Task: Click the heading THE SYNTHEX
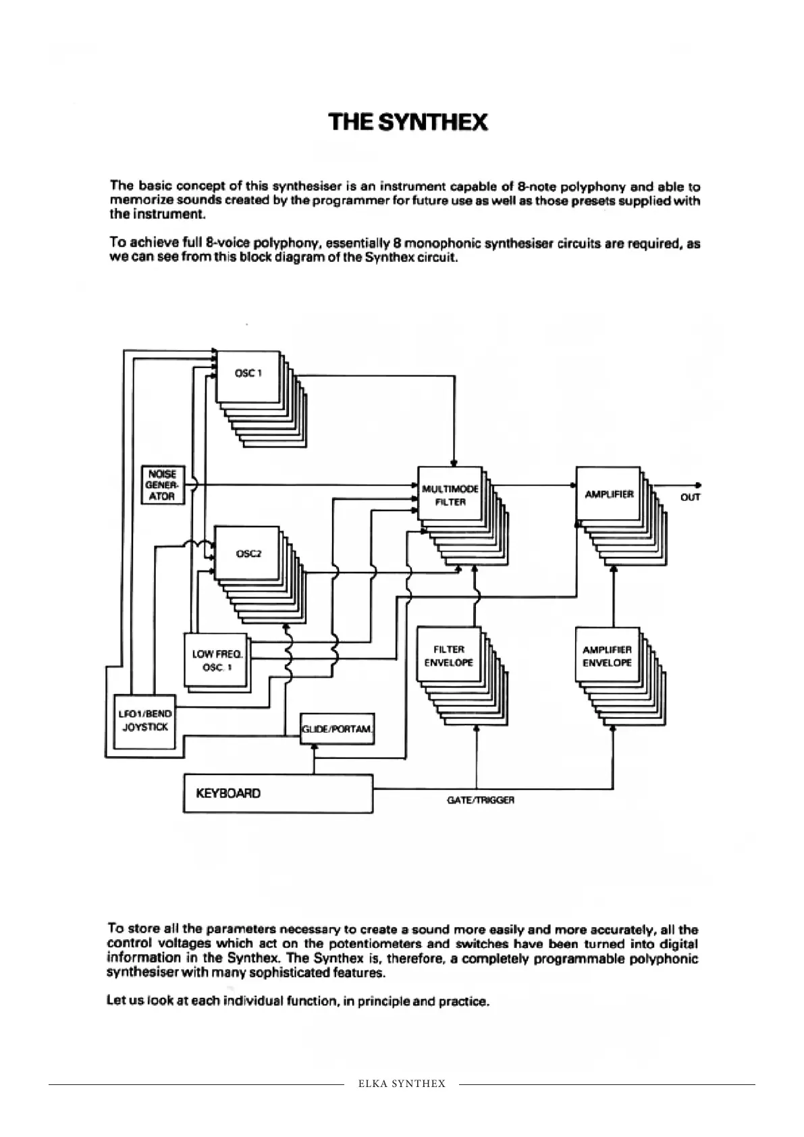coord(408,122)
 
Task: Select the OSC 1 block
coord(248,375)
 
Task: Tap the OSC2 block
coord(248,554)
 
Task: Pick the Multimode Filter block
coord(450,494)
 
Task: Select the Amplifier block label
coord(609,494)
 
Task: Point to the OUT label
coord(691,498)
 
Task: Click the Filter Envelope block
coord(448,656)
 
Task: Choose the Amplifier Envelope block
coord(607,656)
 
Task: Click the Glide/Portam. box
coord(336,729)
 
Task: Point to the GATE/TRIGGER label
coord(481,800)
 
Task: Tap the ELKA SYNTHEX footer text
coord(402,1084)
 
